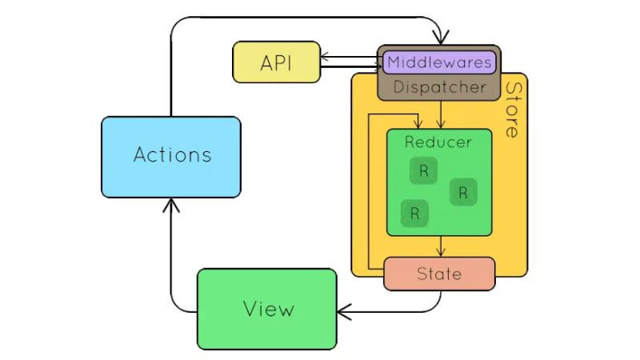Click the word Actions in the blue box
[x=172, y=154]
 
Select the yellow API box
[x=276, y=62]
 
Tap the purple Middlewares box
[x=439, y=62]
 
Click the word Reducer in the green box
[x=438, y=142]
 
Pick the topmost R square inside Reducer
[x=423, y=171]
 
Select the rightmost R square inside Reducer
[x=463, y=192]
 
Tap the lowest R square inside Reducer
[x=414, y=213]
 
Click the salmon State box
[x=439, y=274]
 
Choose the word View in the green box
[x=267, y=309]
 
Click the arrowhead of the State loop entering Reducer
[x=416, y=123]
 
